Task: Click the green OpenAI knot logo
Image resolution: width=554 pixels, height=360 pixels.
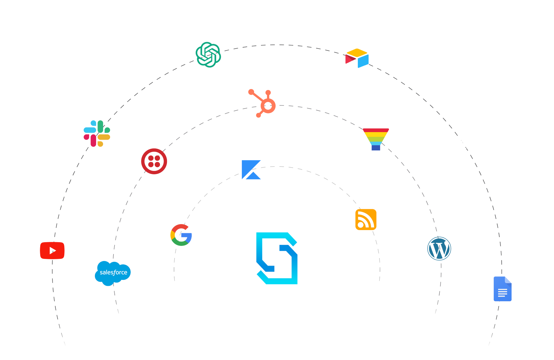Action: tap(208, 55)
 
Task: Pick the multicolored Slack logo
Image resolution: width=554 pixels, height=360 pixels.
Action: tap(97, 133)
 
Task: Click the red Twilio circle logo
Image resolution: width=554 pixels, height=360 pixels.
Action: tap(154, 161)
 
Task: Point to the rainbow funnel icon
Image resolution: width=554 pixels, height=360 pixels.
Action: tap(376, 139)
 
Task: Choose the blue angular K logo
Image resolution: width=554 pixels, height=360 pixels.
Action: tap(251, 170)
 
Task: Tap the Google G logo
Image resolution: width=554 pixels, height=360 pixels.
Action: tap(181, 235)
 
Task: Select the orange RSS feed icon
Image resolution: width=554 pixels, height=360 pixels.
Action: tap(366, 219)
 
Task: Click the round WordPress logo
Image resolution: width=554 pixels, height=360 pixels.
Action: tap(439, 248)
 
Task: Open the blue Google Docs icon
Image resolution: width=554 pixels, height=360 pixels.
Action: tap(502, 289)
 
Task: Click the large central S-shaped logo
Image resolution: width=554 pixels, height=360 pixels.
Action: tap(277, 258)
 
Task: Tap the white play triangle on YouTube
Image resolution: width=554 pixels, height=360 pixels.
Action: tap(52, 251)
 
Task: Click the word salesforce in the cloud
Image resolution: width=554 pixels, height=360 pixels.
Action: tap(113, 272)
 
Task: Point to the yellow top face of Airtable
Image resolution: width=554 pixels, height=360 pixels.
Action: tap(357, 52)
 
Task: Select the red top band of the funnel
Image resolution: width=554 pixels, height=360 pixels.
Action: tap(376, 130)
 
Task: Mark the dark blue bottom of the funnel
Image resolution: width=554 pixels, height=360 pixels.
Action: tap(376, 148)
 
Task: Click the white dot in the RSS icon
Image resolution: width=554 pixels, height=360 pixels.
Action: tap(360, 225)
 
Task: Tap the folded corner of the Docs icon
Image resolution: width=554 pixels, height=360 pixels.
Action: tap(508, 280)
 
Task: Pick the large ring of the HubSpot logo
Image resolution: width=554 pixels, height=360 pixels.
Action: tap(268, 106)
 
